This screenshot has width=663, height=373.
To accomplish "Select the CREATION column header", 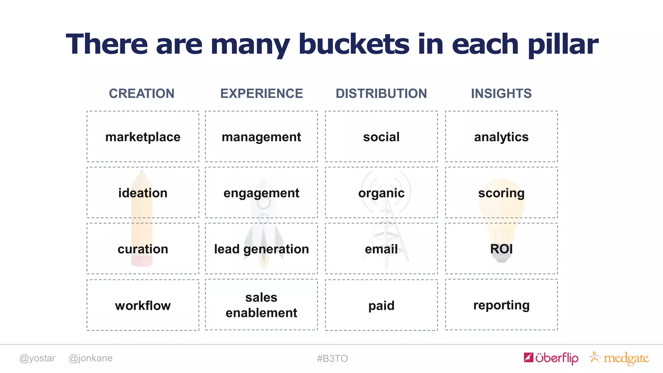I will point(141,94).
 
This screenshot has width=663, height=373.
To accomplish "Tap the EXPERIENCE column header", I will point(262,94).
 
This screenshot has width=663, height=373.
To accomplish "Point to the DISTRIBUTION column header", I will point(381,94).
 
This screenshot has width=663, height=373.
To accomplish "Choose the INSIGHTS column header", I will point(501,94).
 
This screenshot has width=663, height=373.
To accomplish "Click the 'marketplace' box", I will point(143,137).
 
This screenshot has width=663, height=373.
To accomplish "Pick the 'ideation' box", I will point(143,193).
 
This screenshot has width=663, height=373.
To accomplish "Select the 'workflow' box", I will point(143,305).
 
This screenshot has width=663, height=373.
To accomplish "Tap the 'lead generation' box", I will point(262,249).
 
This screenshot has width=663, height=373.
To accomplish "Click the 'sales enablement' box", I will point(262,305).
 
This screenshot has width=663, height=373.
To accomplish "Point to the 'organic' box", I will point(381,193).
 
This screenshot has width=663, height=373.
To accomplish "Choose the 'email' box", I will point(381,249).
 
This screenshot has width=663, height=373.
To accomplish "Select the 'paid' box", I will point(381,305).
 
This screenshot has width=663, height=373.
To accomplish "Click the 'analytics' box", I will point(501,137).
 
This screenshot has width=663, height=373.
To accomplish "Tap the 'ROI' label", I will point(501,249).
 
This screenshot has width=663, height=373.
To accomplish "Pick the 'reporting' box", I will point(501,305).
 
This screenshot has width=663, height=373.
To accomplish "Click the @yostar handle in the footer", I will point(37,358).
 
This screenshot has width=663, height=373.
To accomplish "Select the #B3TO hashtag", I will point(332,358).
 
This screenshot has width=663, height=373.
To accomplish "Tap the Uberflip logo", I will point(551,358).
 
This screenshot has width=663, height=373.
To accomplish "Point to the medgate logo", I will point(620,358).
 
